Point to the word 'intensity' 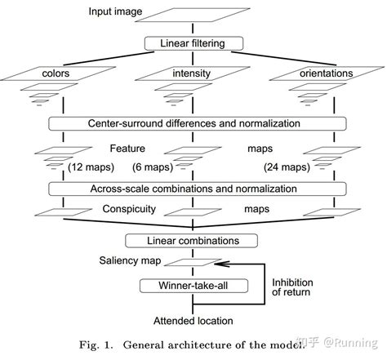click(193, 73)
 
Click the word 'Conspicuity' click(128, 209)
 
